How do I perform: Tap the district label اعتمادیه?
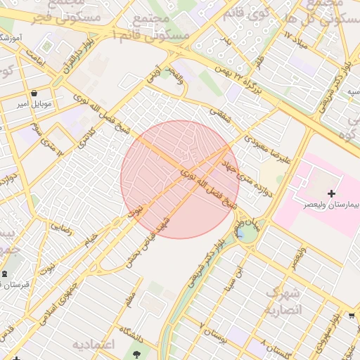point(93,345)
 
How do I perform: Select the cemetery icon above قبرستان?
point(6,273)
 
